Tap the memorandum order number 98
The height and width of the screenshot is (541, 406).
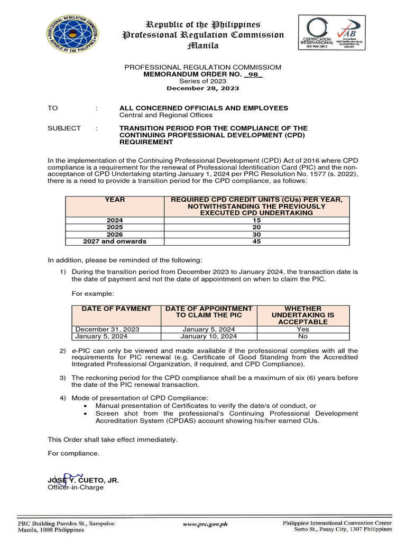(x=254, y=74)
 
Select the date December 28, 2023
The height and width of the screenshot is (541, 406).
(x=202, y=88)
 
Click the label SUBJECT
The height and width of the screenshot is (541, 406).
(x=64, y=128)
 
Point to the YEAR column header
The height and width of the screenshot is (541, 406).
(x=115, y=200)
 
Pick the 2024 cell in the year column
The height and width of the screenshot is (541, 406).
(x=115, y=219)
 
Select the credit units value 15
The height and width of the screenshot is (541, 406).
(x=256, y=219)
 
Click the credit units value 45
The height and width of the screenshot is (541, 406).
(x=256, y=241)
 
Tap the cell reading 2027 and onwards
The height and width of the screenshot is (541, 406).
(x=115, y=241)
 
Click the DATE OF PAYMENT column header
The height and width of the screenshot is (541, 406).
(x=117, y=309)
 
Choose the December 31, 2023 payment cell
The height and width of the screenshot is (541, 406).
(x=107, y=329)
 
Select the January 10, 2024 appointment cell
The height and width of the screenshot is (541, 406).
(x=209, y=336)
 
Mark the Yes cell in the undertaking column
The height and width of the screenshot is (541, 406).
(x=303, y=329)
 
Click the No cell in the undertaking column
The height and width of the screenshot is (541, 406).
(x=303, y=336)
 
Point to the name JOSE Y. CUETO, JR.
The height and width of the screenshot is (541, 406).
(x=84, y=480)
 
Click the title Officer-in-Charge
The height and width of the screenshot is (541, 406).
(x=76, y=487)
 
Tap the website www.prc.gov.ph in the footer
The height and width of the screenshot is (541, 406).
(x=205, y=524)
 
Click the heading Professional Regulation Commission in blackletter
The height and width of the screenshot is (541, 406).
(x=203, y=35)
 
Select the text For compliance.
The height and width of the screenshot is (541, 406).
(x=73, y=453)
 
